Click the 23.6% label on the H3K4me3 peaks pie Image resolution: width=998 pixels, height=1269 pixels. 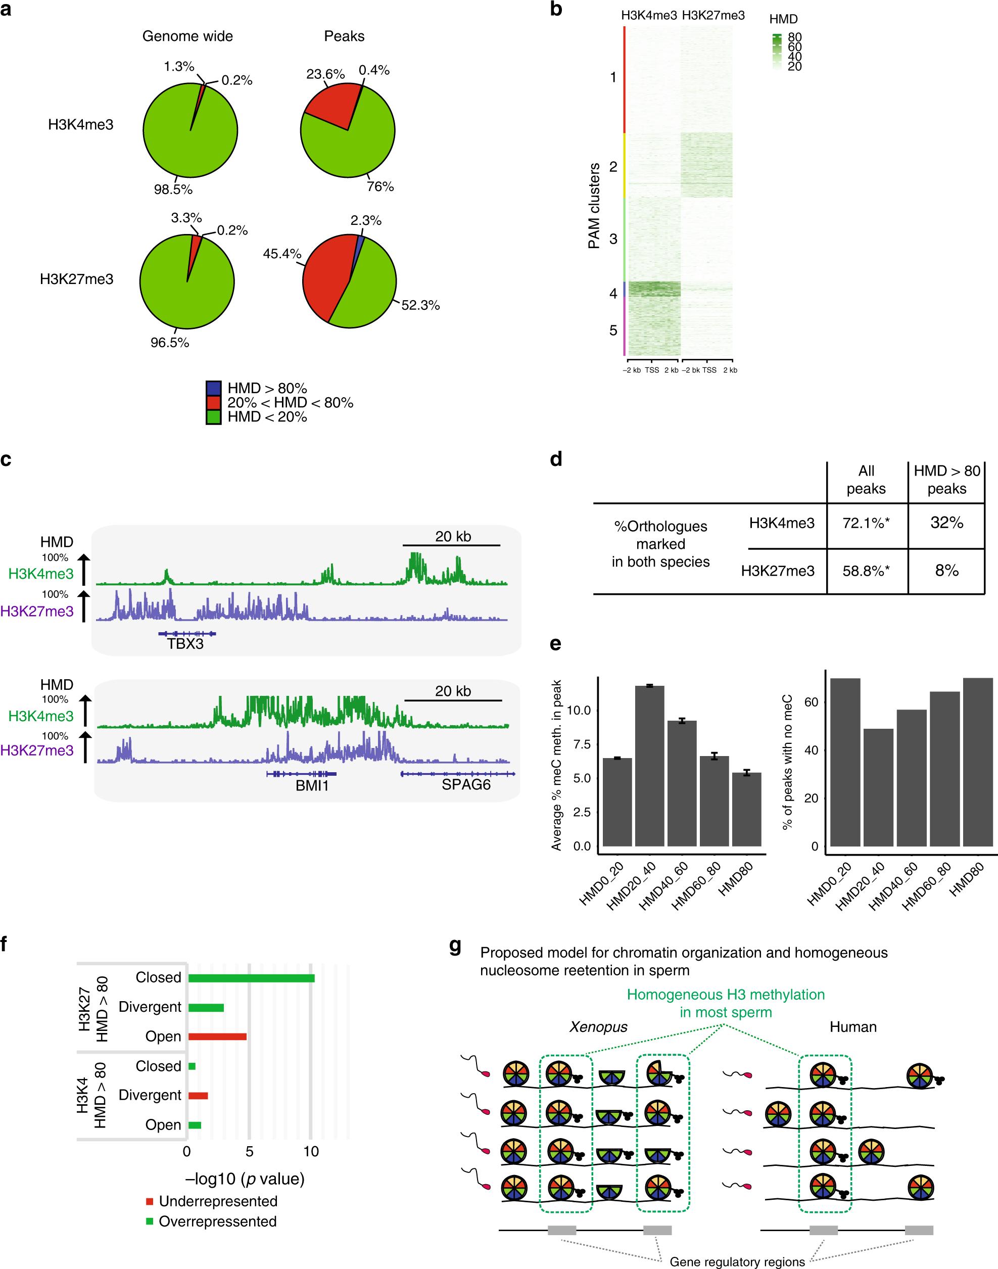pos(325,74)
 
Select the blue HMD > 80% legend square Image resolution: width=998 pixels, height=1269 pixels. pos(213,389)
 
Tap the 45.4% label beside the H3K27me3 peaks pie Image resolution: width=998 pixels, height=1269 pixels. pos(282,254)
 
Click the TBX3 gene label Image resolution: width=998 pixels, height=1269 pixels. pos(185,644)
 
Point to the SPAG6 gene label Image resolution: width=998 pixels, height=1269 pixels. pos(466,785)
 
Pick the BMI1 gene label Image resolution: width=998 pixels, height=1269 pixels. pos(312,785)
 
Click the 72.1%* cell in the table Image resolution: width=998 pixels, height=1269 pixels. pos(866,523)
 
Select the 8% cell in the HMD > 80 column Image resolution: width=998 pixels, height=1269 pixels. pos(946,570)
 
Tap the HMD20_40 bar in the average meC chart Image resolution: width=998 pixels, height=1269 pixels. pos(650,765)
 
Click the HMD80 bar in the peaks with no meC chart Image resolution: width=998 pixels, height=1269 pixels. pos(978,762)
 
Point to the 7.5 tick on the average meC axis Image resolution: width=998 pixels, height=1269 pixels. pos(580,744)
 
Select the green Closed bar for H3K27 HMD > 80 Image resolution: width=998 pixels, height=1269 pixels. pos(251,978)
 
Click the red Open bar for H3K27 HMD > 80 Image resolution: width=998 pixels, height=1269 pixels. pos(217,1037)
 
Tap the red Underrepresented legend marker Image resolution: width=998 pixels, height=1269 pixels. pos(150,1201)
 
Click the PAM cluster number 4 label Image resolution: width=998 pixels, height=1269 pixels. pos(613,293)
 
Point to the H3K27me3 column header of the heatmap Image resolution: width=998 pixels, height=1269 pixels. pos(713,16)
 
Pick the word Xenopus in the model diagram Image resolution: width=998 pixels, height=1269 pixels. pos(598,1026)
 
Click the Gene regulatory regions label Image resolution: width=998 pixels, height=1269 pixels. pos(737,1261)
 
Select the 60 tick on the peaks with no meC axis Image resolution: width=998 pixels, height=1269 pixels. pos(811,701)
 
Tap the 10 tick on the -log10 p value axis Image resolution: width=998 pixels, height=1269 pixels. pos(311,1152)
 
